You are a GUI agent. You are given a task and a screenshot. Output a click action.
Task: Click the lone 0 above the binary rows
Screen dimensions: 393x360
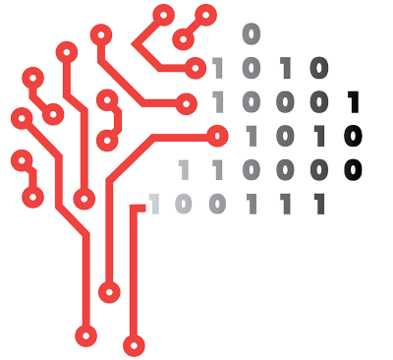(x=252, y=33)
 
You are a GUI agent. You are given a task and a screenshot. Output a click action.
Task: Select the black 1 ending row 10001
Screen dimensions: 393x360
(x=354, y=102)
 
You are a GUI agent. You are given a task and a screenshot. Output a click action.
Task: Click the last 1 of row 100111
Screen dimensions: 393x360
(x=318, y=204)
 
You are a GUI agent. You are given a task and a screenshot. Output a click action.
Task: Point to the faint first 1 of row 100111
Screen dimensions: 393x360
(x=152, y=204)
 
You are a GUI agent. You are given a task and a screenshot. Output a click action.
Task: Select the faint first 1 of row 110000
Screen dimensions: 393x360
(x=184, y=170)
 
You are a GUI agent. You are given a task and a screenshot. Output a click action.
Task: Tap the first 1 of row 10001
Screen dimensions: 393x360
(x=218, y=102)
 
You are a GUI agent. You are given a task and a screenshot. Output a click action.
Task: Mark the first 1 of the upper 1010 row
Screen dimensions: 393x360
(x=218, y=69)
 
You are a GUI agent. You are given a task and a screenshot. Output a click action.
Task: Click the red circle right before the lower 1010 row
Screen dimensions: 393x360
(x=218, y=135)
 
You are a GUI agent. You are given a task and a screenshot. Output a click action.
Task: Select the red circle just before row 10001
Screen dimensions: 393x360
(x=186, y=101)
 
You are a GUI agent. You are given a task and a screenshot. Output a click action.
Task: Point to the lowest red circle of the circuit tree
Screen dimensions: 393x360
(x=134, y=344)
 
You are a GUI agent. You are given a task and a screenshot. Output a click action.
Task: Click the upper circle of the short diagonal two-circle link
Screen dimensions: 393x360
(x=205, y=15)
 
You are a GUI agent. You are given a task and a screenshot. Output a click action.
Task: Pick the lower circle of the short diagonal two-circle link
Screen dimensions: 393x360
(x=182, y=39)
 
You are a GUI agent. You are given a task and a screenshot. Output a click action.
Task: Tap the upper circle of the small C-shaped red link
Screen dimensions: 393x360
(x=107, y=98)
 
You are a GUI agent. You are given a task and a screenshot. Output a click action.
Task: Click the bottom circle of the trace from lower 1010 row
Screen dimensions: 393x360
(x=109, y=291)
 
